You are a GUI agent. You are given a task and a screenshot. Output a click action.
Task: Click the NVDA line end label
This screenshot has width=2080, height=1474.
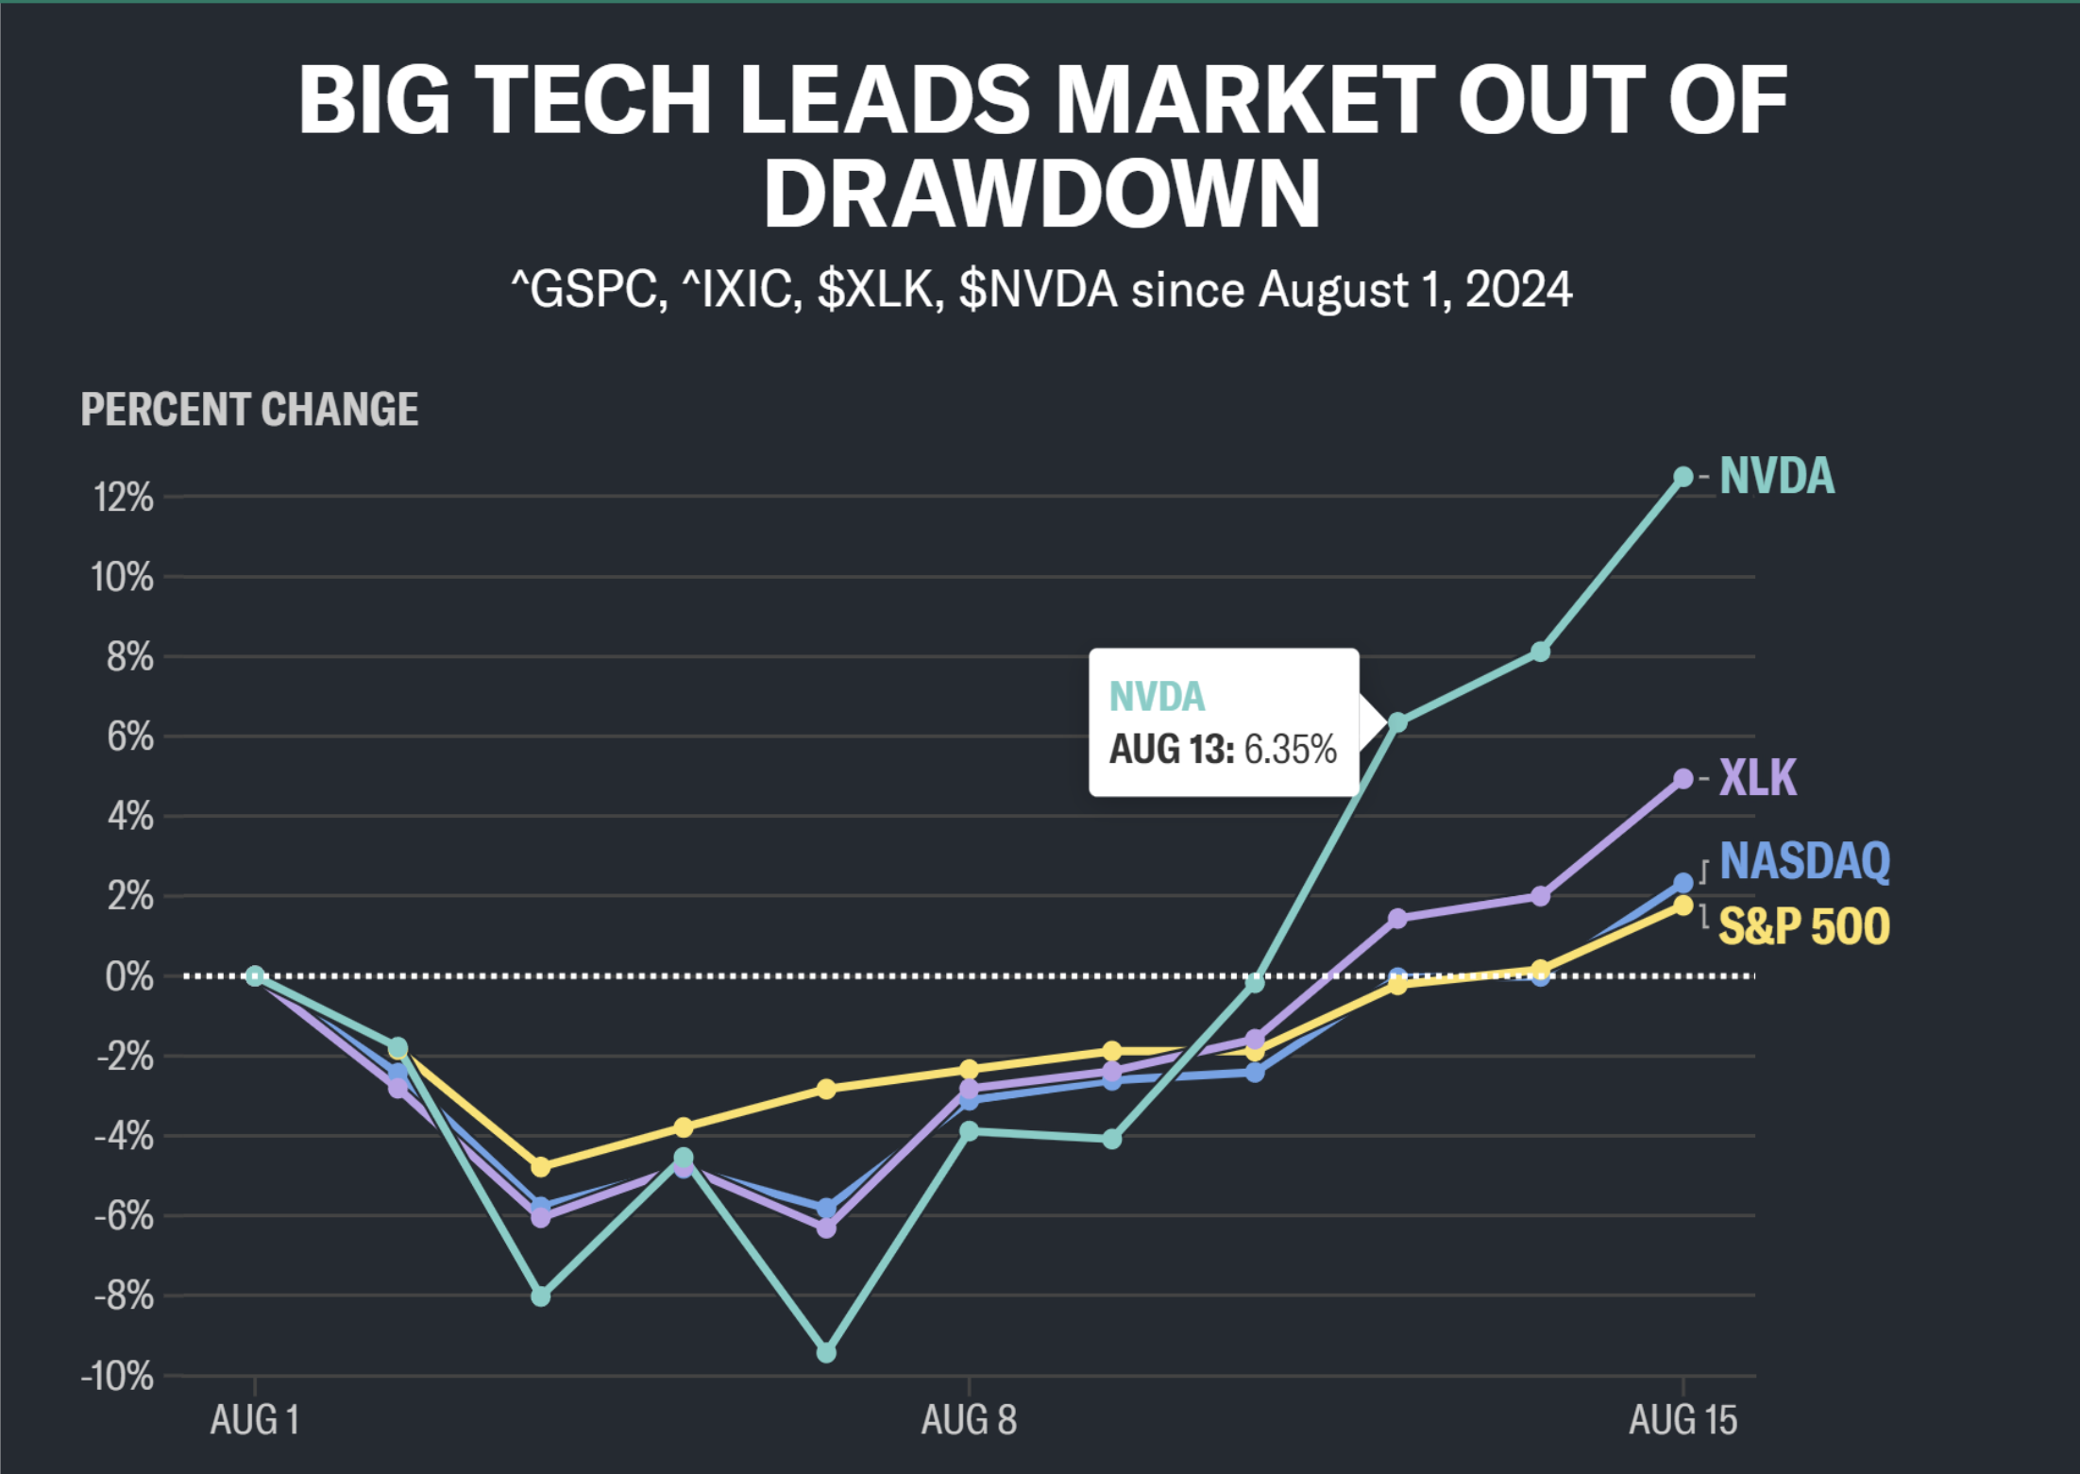1777,476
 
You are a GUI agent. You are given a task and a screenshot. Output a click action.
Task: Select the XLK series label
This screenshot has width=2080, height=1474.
1758,778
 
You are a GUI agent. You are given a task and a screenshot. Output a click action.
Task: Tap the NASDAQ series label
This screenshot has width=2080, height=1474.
1804,861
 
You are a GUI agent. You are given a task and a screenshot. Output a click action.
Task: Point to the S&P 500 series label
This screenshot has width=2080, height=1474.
1804,925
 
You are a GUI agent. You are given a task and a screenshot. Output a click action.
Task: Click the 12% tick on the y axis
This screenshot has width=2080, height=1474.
124,497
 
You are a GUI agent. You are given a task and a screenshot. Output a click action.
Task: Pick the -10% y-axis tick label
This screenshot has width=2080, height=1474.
118,1376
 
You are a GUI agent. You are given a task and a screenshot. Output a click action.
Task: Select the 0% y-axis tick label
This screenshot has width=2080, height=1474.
129,976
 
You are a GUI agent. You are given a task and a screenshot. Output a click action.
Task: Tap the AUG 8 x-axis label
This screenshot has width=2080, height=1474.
969,1419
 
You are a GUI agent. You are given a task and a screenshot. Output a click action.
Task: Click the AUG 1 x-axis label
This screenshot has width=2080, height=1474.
254,1419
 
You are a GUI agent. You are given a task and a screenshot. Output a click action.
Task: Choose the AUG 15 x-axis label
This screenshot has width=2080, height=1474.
1683,1419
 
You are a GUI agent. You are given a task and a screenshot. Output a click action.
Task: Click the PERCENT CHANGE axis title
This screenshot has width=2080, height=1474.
249,409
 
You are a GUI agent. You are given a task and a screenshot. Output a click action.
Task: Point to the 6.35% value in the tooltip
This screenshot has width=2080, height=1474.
1290,749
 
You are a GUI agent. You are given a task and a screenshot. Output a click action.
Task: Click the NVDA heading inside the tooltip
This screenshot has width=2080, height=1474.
1157,697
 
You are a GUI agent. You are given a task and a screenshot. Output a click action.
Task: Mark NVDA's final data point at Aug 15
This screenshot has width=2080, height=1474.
1683,477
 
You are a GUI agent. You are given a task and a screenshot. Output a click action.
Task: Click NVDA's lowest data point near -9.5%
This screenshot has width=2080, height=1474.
826,1353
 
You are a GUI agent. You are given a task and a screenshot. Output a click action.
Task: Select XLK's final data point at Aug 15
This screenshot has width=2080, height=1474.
1683,779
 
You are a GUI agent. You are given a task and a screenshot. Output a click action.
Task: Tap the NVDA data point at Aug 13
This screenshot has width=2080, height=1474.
1397,722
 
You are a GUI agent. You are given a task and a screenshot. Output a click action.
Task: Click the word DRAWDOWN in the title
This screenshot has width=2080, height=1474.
1041,193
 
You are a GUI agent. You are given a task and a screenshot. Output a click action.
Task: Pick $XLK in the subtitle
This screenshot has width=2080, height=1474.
875,289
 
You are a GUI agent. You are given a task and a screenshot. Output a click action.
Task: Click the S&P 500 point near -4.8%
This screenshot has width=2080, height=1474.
540,1167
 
